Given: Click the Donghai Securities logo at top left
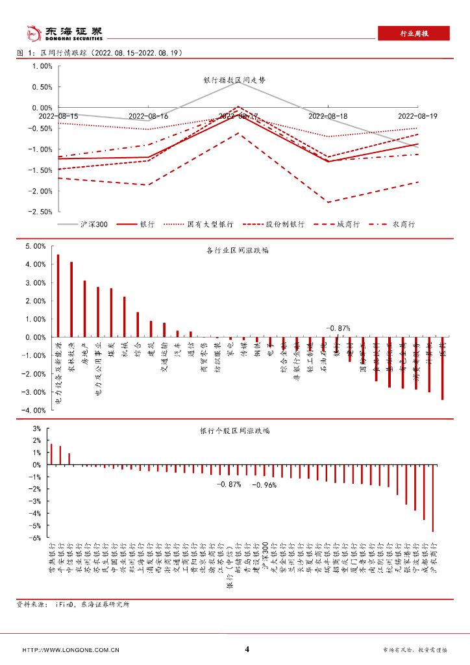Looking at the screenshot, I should click(x=62, y=32).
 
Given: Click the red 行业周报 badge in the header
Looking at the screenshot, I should click(x=413, y=34).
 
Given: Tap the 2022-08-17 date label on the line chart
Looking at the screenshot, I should click(x=238, y=116).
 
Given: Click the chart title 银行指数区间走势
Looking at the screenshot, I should click(x=234, y=81).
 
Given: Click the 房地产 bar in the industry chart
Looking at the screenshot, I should click(x=84, y=308).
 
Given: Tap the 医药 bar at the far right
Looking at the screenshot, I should click(x=442, y=368).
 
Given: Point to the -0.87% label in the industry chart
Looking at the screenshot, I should click(x=338, y=329).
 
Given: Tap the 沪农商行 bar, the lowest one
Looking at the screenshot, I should click(x=433, y=498).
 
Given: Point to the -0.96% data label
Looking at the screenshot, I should click(x=264, y=484).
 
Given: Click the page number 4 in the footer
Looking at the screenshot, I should click(x=247, y=649).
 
